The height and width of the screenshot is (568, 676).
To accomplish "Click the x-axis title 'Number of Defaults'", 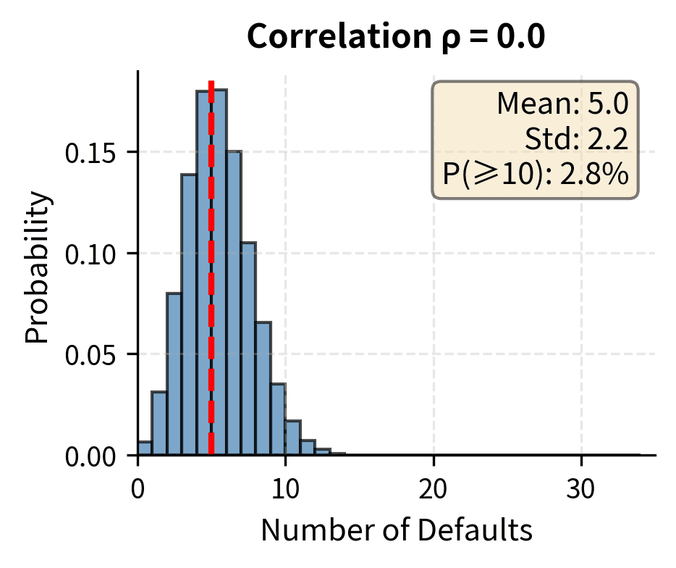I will pyautogui.click(x=397, y=531).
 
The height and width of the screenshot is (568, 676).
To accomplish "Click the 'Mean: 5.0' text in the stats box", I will pyautogui.click(x=562, y=105).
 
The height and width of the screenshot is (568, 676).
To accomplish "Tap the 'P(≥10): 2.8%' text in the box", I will pyautogui.click(x=535, y=174).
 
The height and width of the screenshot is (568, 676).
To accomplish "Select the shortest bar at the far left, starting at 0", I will pyautogui.click(x=145, y=448).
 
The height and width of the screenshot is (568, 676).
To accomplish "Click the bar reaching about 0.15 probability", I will pyautogui.click(x=233, y=304).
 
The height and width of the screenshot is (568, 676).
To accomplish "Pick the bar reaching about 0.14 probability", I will pyautogui.click(x=189, y=315).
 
